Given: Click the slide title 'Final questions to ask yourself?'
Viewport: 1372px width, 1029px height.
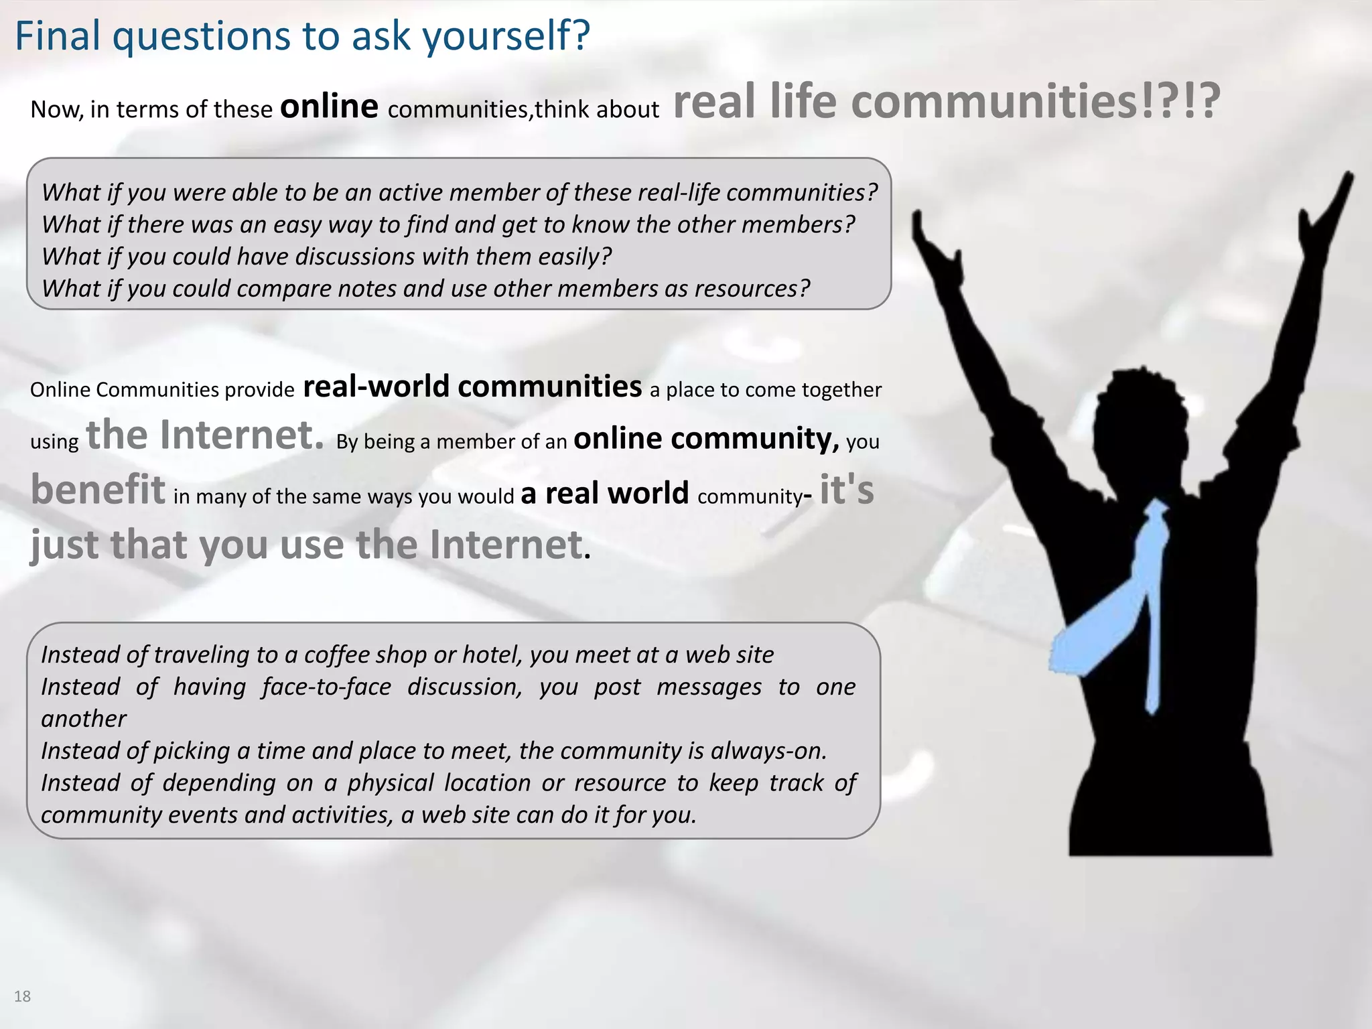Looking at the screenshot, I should pyautogui.click(x=302, y=36).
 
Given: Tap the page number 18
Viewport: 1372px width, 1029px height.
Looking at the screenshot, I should pyautogui.click(x=22, y=996).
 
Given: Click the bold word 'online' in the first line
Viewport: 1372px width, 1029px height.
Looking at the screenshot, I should pyautogui.click(x=329, y=107).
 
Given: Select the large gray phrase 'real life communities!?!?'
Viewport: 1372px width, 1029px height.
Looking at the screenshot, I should pyautogui.click(x=946, y=102).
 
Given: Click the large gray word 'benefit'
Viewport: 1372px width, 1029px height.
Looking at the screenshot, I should pyautogui.click(x=98, y=489).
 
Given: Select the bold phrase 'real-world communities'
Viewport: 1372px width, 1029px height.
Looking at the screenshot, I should pyautogui.click(x=472, y=387).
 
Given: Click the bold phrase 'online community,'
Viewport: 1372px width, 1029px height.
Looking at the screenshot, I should pyautogui.click(x=706, y=439).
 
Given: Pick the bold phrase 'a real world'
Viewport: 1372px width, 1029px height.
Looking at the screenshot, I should pyautogui.click(x=604, y=493).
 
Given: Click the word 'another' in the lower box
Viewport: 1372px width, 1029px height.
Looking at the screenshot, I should pyautogui.click(x=84, y=719).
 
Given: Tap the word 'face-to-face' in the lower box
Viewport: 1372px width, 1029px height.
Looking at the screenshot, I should pyautogui.click(x=326, y=687).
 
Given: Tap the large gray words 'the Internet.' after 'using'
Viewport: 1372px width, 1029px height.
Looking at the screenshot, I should pyautogui.click(x=205, y=435).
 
